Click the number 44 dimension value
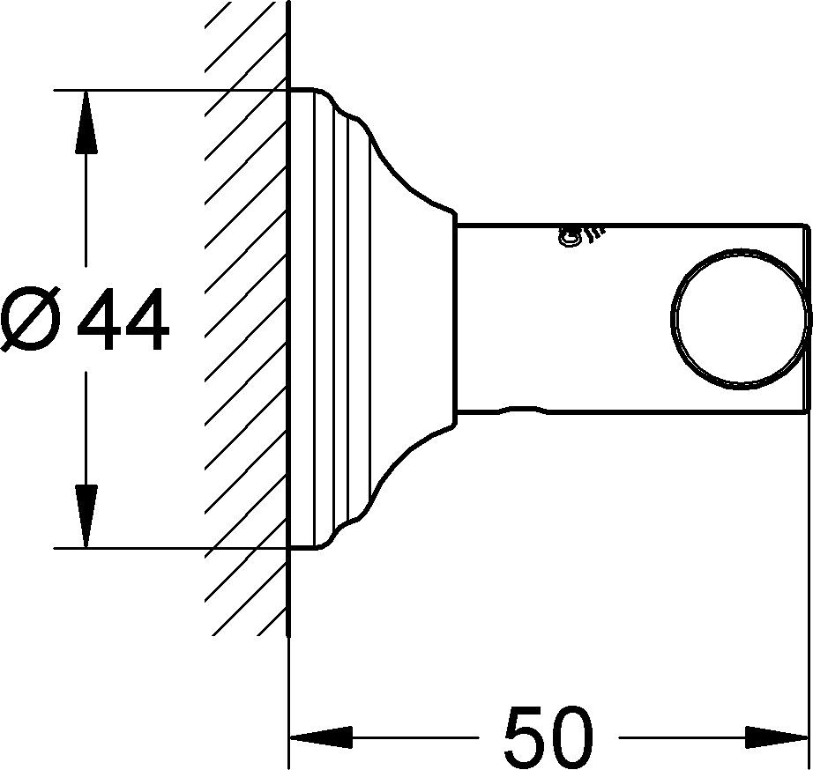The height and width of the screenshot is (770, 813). (x=123, y=319)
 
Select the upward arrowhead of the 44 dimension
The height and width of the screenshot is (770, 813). (x=86, y=122)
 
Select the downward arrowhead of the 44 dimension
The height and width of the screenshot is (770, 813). (x=86, y=516)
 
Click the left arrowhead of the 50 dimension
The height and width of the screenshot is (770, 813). (x=321, y=737)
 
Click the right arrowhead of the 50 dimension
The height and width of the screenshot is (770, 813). (x=777, y=737)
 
